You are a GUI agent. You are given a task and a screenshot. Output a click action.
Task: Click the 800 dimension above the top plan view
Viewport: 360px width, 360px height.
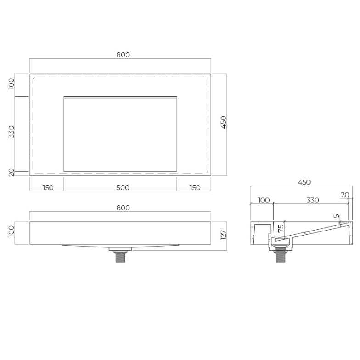click(x=123, y=55)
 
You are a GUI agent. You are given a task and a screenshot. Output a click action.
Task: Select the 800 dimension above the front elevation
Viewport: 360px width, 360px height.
click(x=123, y=208)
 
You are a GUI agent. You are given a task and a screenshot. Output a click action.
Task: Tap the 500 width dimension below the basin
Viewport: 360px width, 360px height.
click(x=123, y=188)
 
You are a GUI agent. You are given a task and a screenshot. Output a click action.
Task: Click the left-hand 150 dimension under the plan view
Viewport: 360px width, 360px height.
click(x=48, y=188)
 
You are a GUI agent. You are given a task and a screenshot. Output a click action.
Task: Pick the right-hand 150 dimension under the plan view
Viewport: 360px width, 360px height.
click(x=195, y=188)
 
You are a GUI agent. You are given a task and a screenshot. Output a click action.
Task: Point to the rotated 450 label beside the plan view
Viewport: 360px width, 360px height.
click(x=223, y=122)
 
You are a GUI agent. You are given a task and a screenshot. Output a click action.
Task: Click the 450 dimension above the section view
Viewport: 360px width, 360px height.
click(x=304, y=182)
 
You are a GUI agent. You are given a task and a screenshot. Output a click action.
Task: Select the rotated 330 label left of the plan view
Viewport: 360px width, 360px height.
click(x=11, y=132)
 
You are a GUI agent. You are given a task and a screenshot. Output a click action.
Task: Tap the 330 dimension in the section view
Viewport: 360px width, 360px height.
click(x=312, y=200)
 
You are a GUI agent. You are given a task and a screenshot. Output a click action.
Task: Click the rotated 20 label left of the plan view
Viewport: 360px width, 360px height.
click(x=11, y=173)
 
